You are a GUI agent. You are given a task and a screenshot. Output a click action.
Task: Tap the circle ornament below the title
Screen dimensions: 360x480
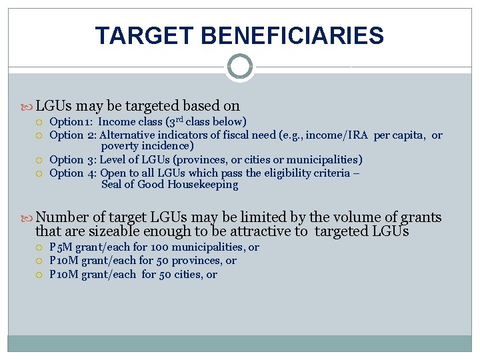[x=239, y=67]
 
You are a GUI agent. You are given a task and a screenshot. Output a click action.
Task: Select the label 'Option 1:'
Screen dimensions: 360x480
[x=72, y=121]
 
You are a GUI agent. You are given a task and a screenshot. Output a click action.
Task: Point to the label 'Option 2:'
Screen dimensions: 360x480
[x=73, y=135]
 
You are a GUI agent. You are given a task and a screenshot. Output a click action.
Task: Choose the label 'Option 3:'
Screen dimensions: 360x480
[x=73, y=160]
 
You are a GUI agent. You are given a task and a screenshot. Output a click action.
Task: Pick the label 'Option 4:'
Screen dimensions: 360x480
[x=73, y=173]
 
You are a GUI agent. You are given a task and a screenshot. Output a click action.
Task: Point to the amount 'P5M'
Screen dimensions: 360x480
[x=60, y=247]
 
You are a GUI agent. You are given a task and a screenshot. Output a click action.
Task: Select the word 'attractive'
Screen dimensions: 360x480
[x=262, y=231]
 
